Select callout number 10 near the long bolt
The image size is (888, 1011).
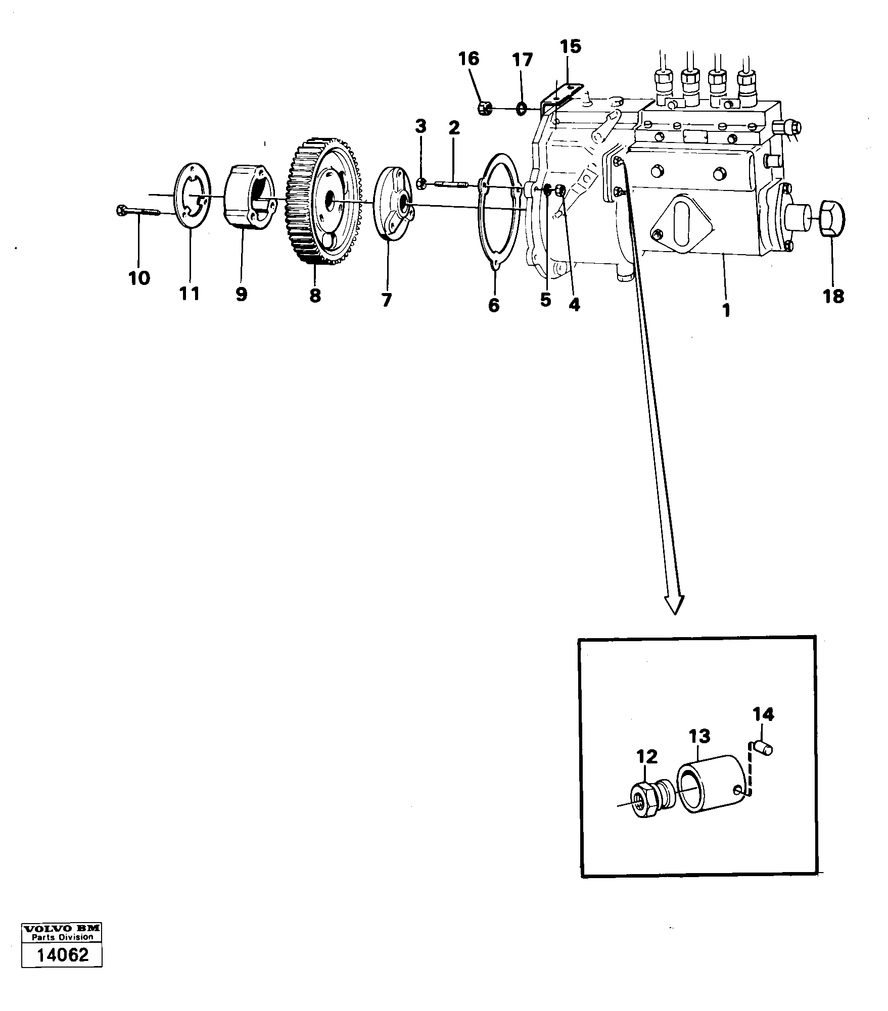pyautogui.click(x=139, y=278)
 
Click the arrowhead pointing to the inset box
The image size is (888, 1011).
pyautogui.click(x=674, y=604)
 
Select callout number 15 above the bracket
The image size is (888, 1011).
pyautogui.click(x=571, y=47)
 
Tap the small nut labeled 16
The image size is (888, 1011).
pyautogui.click(x=483, y=108)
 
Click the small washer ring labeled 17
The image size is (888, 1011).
pyautogui.click(x=521, y=109)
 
